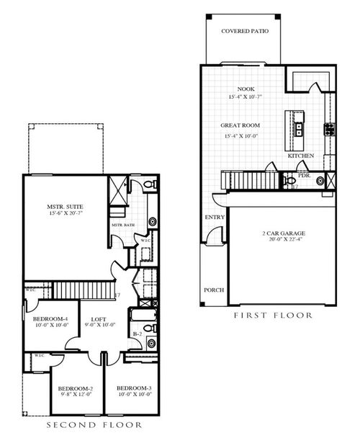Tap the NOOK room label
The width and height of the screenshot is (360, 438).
[237, 89]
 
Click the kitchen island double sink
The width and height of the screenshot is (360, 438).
[297, 130]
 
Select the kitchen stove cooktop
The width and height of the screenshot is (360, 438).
[328, 130]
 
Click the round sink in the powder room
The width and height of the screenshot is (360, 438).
[319, 181]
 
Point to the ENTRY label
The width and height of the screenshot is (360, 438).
[215, 217]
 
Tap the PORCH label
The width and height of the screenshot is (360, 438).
[214, 290]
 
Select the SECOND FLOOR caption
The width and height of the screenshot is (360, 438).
[89, 426]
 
